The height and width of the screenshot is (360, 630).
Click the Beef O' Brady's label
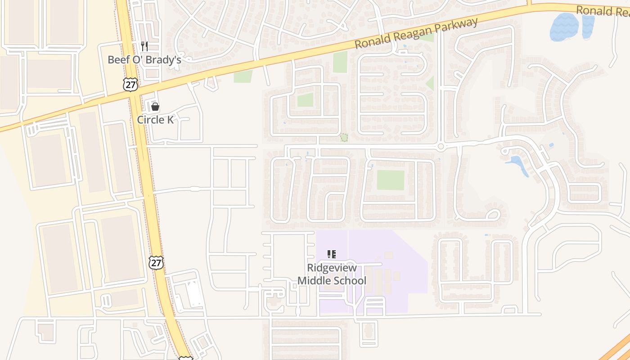pos(144,59)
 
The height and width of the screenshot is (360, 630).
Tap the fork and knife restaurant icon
pos(144,46)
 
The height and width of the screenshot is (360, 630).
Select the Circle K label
pos(155,120)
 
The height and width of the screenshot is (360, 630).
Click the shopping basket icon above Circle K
pos(155,107)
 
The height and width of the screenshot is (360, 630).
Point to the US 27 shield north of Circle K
pos(130,84)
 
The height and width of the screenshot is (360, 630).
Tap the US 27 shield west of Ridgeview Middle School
pos(156,262)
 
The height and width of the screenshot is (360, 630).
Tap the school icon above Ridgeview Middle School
pos(332,254)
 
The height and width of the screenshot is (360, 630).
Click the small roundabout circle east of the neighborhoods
pos(441,146)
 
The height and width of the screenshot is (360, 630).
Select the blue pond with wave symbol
pos(564,27)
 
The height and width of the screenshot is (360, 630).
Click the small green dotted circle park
pos(344,137)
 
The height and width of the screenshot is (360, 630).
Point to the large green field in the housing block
pos(391,180)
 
